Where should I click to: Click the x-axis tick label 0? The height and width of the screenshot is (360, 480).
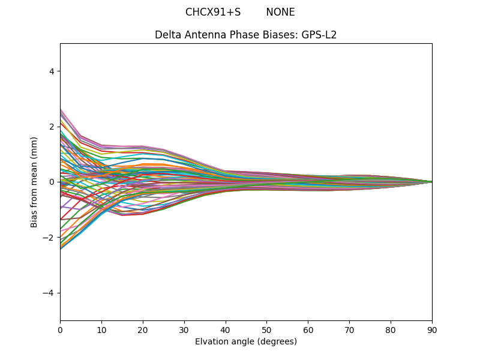point(60,329)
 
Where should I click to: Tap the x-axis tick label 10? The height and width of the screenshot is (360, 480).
point(101,329)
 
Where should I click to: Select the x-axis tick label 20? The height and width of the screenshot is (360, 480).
point(143,329)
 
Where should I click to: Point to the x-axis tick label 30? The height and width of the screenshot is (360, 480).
point(184,329)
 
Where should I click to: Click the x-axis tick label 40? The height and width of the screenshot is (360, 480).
point(225,329)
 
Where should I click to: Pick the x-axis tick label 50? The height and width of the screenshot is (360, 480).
point(266,329)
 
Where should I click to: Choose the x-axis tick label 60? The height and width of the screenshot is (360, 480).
point(308,329)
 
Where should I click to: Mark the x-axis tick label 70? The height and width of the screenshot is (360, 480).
point(349,329)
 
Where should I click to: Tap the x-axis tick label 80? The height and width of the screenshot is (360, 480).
point(391,329)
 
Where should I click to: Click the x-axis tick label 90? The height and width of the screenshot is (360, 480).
point(432,329)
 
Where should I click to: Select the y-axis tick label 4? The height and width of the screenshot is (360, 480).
point(52,71)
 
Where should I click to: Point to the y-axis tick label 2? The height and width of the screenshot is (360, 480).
point(52,127)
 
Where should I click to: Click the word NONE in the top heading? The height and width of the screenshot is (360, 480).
point(280,13)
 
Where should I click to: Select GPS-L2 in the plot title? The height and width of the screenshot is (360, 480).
point(319,35)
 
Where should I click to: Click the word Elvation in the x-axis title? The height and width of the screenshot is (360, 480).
point(212,341)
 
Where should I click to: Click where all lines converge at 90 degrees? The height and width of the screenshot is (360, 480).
point(431,182)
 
